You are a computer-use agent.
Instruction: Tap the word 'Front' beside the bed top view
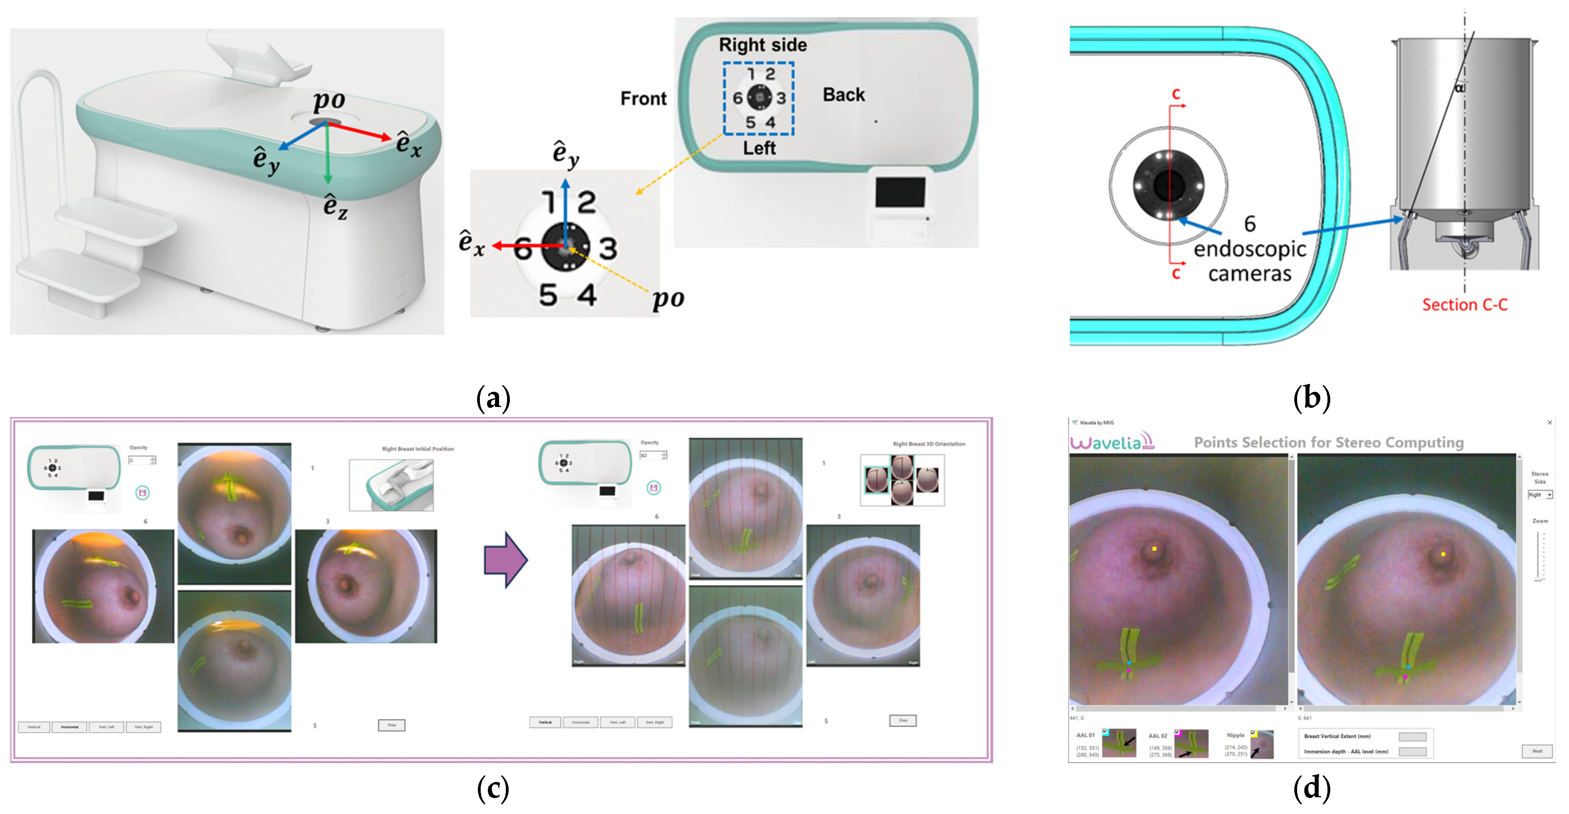coord(643,98)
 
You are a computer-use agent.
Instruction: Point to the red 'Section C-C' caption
coord(1465,305)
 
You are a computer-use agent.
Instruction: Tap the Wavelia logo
coord(1111,441)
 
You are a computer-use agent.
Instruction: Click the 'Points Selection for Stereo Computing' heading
coord(1328,442)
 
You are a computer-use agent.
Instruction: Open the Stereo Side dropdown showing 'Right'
coord(1540,495)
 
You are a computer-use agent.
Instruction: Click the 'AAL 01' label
coord(1086,735)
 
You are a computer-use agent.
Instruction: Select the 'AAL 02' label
coord(1158,736)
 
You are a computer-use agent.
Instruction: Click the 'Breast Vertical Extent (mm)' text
coord(1337,736)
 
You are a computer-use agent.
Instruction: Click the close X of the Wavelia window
coord(1549,422)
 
